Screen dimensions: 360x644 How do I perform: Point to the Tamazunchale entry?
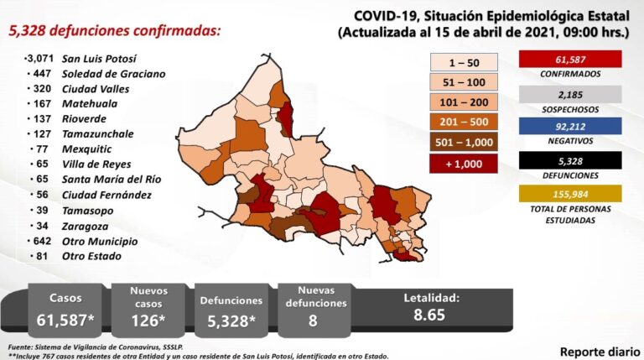coord(98,134)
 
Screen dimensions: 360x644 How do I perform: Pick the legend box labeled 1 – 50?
coord(464,62)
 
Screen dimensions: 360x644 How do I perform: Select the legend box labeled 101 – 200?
coord(464,102)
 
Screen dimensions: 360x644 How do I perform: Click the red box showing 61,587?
coord(569,60)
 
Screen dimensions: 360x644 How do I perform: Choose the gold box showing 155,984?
coord(569,195)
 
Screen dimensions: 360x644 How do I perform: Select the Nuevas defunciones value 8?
coord(313,320)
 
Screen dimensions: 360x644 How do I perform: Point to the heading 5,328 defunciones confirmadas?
coord(115,31)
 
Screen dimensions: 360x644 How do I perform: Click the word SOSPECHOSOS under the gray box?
coord(569,110)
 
